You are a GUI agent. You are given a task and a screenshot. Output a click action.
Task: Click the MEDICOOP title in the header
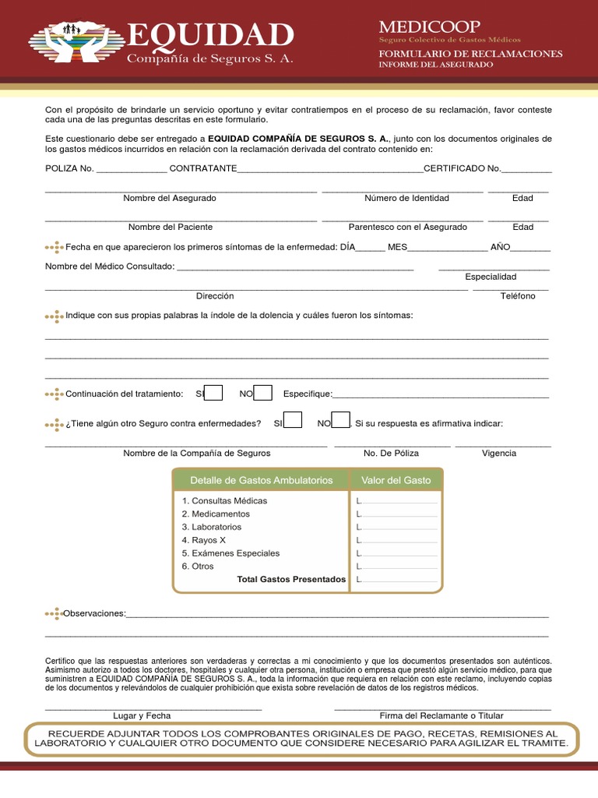(429, 27)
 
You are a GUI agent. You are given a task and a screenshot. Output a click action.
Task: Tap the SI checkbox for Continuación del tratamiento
(214, 393)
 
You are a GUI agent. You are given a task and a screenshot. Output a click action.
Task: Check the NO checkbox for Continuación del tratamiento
(263, 393)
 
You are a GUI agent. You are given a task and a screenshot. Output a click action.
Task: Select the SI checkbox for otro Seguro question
(293, 422)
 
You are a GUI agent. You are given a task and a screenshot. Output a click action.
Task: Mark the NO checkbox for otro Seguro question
(340, 422)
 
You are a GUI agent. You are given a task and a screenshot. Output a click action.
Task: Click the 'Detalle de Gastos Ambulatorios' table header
(261, 480)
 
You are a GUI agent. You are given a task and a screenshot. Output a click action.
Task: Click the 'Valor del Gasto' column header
(396, 480)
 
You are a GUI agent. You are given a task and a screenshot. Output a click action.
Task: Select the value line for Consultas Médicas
(399, 501)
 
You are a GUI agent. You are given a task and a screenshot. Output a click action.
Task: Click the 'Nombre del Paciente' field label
(171, 227)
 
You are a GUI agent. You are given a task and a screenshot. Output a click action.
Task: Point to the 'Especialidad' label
(491, 277)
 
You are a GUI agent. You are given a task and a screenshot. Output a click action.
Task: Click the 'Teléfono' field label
(518, 296)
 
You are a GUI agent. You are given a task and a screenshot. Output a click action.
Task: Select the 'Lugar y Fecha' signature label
(142, 715)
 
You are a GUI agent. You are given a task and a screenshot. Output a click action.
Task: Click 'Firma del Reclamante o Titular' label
(441, 715)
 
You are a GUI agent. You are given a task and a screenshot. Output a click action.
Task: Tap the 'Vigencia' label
(498, 453)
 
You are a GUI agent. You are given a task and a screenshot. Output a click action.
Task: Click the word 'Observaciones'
(94, 613)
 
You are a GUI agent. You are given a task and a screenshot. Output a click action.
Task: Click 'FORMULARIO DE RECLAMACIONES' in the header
(470, 53)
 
